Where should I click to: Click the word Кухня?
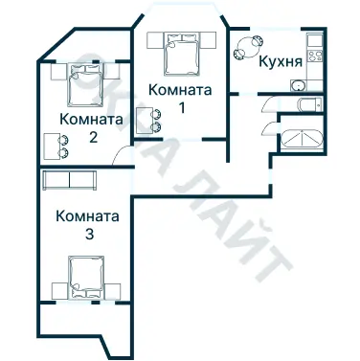[x=281, y=60]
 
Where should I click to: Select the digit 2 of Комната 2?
[x=92, y=137]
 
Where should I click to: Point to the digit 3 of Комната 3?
[x=88, y=234]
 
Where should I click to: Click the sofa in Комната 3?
[x=69, y=182]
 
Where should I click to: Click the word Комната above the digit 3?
[x=87, y=215]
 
